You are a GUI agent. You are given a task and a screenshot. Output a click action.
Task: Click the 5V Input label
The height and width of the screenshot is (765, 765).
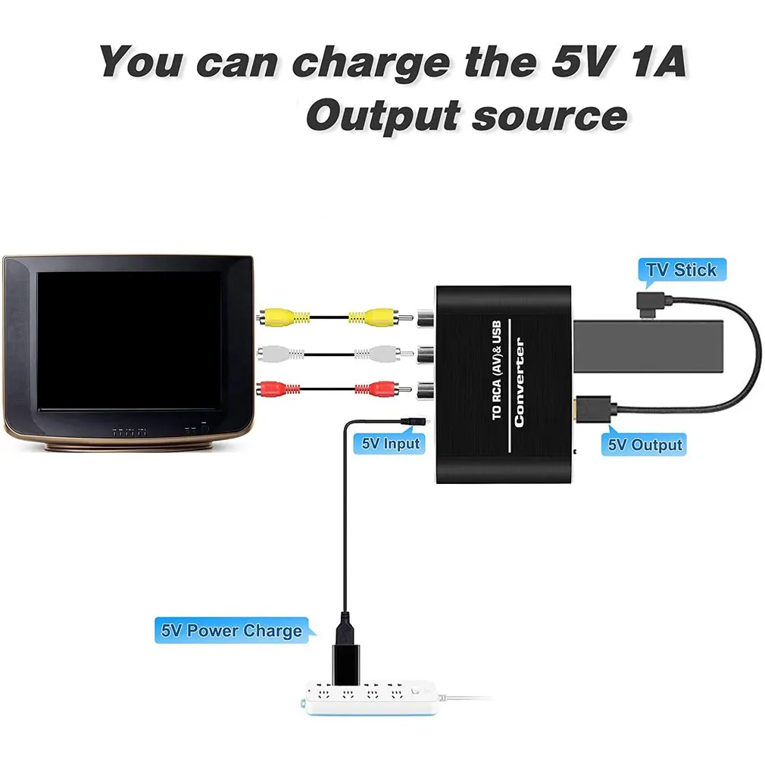click(x=390, y=443)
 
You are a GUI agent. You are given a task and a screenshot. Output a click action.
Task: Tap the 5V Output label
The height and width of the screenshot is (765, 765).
click(x=645, y=445)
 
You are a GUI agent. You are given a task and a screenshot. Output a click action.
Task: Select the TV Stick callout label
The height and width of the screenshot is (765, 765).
click(x=681, y=270)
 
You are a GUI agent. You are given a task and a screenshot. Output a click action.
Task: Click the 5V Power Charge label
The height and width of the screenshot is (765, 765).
click(x=231, y=630)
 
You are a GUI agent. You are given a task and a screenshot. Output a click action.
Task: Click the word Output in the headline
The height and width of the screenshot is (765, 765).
click(x=382, y=116)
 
